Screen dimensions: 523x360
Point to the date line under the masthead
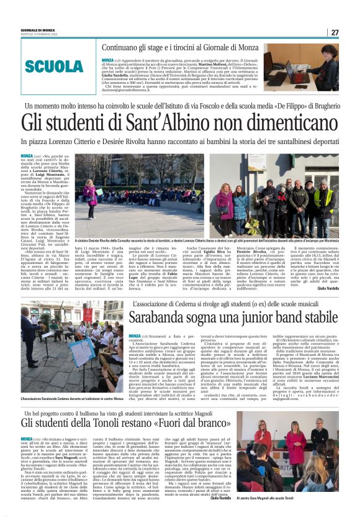pyautogui.click(x=38, y=34)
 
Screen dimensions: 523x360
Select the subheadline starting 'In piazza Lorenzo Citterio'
pyautogui.click(x=179, y=142)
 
